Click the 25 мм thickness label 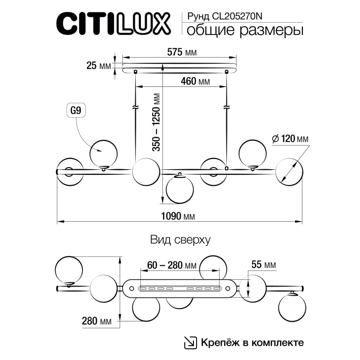click(98, 66)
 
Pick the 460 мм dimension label click(195, 82)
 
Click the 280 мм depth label click(97, 322)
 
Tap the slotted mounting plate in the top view click(179, 287)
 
